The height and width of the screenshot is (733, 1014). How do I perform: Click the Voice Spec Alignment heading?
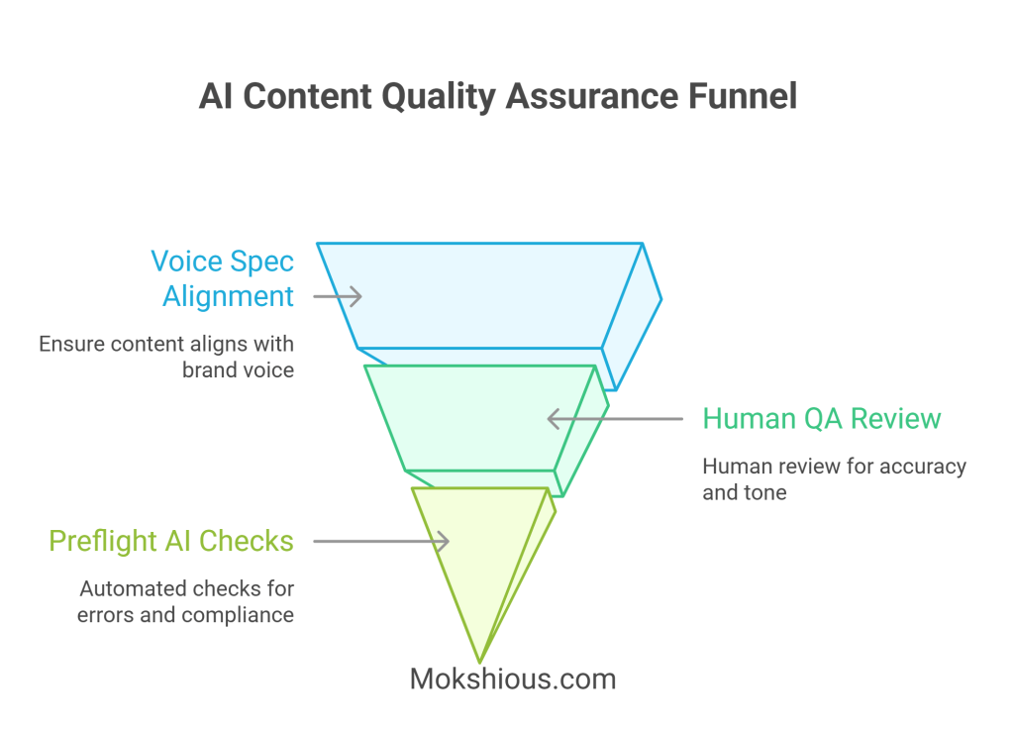click(222, 278)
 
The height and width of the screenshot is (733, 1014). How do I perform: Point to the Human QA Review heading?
click(821, 418)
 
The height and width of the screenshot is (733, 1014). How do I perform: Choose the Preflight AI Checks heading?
click(171, 541)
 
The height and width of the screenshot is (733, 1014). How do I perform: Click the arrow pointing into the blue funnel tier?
click(338, 295)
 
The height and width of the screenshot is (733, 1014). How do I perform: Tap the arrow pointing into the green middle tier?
click(614, 419)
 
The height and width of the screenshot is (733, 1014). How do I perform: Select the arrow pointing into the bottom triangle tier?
click(381, 541)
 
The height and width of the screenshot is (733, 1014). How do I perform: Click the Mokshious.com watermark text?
click(512, 679)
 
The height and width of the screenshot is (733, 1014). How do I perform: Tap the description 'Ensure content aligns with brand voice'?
click(166, 358)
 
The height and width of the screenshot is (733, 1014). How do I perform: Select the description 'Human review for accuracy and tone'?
click(834, 478)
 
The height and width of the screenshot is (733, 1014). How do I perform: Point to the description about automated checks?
click(186, 601)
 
